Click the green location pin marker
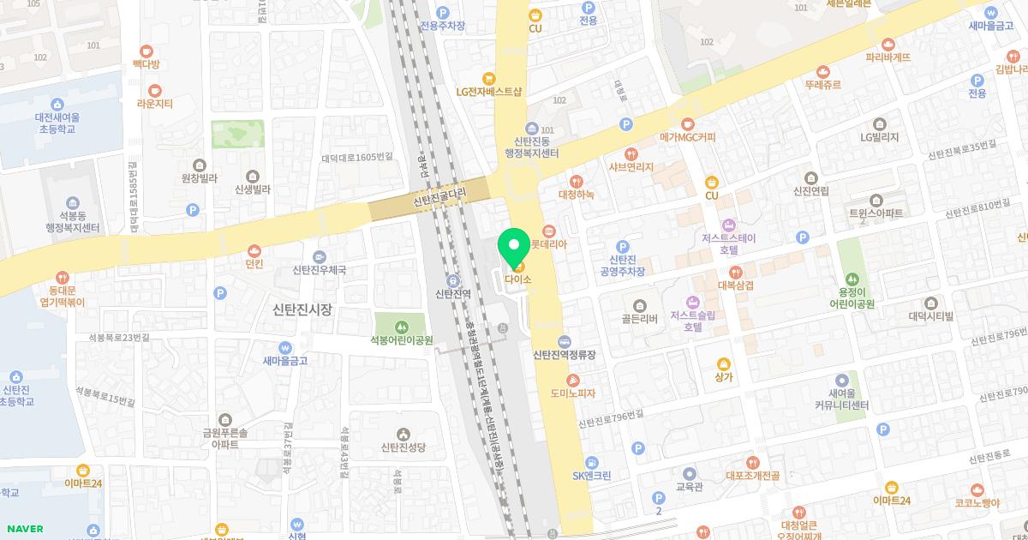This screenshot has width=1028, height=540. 514,246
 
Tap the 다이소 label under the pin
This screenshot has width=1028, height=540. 519,279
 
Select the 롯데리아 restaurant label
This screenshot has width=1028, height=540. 550,243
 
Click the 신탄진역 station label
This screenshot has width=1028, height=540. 451,294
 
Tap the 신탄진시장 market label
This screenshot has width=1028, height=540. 302,309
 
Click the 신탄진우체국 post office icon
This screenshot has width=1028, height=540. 320,256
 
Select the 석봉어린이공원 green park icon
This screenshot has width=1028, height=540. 402,326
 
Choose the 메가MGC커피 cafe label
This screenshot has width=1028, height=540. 687,137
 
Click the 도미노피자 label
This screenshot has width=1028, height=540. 573,393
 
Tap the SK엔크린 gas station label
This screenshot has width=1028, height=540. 592,477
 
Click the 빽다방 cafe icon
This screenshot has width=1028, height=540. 146,51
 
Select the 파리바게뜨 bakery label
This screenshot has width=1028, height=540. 888,57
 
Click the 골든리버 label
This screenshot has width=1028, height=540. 639,319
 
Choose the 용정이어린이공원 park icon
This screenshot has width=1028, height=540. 852,279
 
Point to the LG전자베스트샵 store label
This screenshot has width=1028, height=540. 489,91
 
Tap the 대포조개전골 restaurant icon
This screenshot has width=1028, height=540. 752,463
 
